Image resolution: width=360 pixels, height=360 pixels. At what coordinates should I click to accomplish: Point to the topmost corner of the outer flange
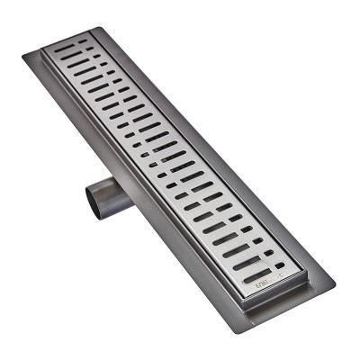coord(93,27)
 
